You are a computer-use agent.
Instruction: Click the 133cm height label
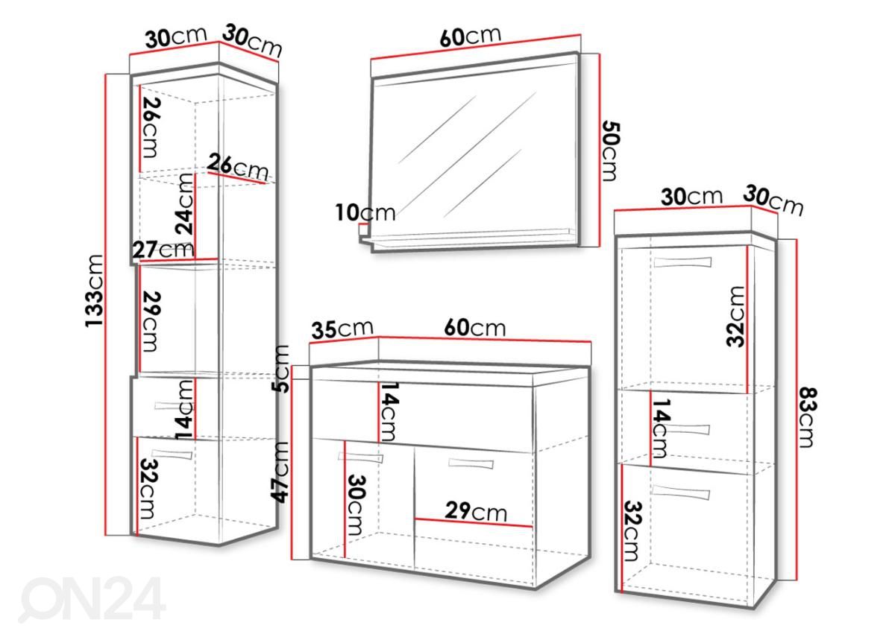[94, 291]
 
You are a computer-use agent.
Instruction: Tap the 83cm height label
[808, 418]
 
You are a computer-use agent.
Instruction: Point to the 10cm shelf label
[365, 212]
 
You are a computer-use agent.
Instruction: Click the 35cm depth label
[342, 329]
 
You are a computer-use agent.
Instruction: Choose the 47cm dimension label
[280, 472]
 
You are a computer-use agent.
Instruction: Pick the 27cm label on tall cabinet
[163, 250]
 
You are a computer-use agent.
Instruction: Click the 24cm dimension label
[185, 203]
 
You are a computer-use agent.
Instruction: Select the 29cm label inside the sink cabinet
[476, 511]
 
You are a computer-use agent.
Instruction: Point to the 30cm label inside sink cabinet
[357, 504]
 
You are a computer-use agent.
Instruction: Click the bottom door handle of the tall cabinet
[172, 454]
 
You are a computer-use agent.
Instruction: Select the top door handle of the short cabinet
[683, 262]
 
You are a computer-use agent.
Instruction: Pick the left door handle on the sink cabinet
[360, 457]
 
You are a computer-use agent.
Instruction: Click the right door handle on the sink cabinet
[471, 463]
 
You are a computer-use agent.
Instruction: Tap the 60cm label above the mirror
[471, 37]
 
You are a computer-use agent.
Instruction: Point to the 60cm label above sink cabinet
[474, 327]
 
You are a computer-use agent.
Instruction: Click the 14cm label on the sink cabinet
[388, 411]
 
